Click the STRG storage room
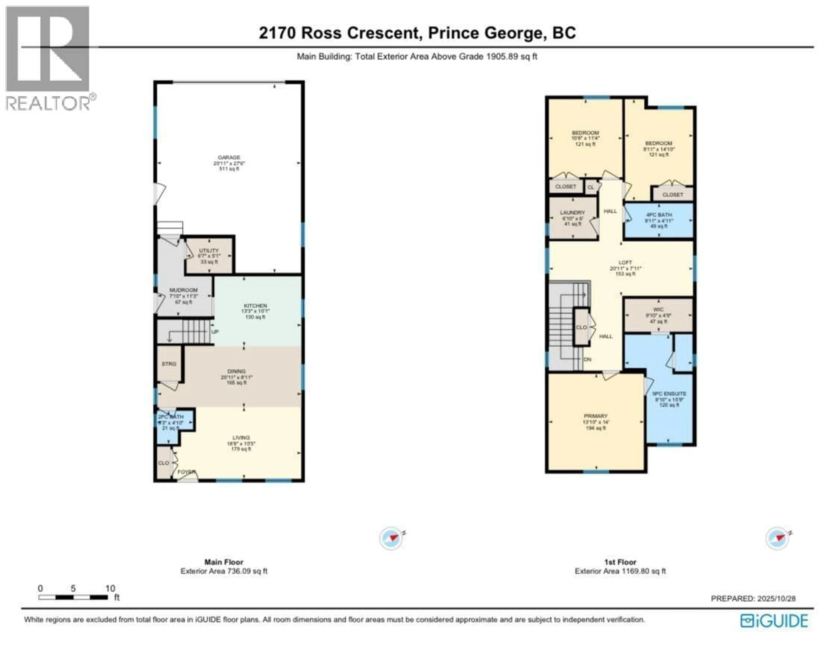(x=169, y=364)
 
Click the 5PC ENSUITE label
(x=669, y=394)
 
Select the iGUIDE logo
(x=774, y=621)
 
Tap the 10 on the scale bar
(x=110, y=589)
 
